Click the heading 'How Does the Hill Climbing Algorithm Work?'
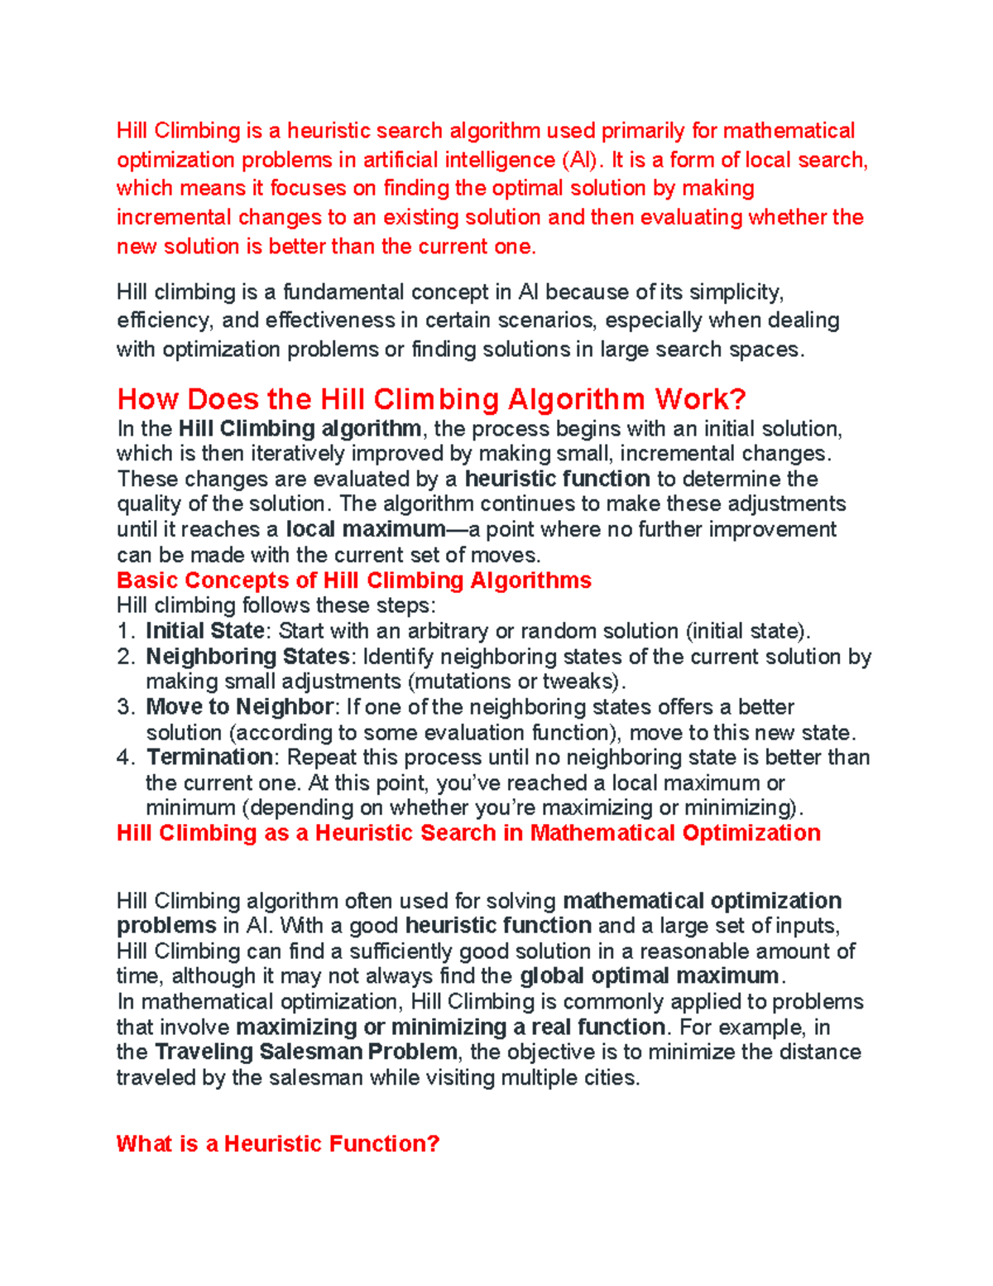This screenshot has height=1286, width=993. click(431, 399)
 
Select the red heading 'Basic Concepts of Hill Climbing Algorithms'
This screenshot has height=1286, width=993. click(353, 580)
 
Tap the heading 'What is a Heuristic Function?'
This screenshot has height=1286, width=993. click(277, 1144)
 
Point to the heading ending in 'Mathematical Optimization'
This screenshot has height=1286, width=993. click(468, 832)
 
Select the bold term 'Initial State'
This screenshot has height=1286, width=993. click(204, 631)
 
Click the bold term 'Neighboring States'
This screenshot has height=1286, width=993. click(247, 657)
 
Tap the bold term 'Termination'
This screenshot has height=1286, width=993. click(209, 757)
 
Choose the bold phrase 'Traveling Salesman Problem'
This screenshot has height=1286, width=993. click(305, 1052)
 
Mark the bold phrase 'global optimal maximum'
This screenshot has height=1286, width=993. click(650, 975)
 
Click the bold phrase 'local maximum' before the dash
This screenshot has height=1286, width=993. click(365, 529)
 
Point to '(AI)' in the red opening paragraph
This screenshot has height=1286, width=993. click(578, 160)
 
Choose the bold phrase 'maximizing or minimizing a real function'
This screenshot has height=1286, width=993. click(450, 1027)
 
